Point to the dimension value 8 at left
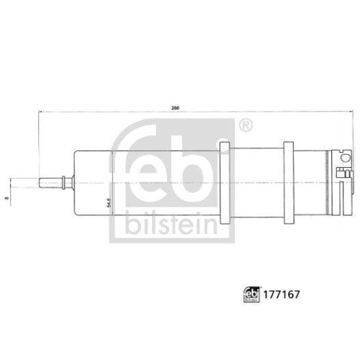[6, 182]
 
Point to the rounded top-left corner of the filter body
[76, 152]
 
